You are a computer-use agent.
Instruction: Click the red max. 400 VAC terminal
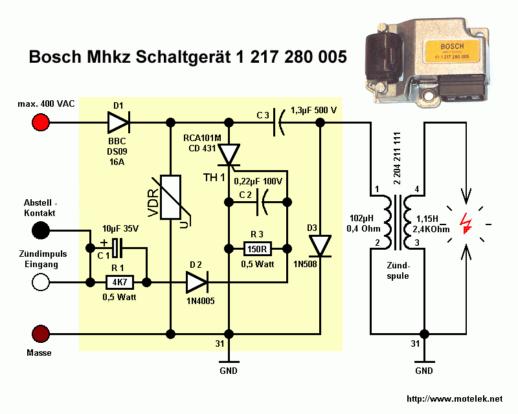(41, 122)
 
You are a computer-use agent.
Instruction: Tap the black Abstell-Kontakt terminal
(41, 230)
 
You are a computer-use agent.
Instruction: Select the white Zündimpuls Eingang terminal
(41, 282)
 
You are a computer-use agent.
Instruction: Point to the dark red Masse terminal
(41, 334)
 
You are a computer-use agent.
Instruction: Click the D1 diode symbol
(118, 122)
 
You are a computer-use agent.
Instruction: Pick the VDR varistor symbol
(170, 197)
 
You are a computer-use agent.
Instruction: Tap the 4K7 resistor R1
(118, 282)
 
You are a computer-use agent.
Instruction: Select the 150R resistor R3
(256, 248)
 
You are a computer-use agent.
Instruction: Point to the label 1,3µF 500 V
(314, 110)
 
